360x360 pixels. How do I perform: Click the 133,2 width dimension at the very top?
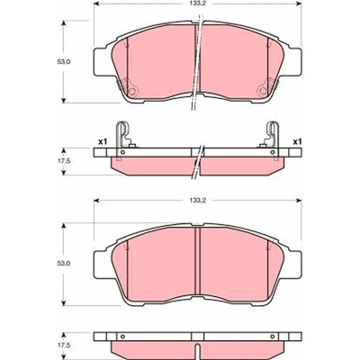[197, 4]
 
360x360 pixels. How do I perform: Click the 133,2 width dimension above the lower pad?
[197, 200]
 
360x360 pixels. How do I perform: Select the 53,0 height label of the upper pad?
[63, 62]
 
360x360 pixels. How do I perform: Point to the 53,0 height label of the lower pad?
[63, 264]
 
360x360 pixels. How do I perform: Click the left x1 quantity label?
[103, 141]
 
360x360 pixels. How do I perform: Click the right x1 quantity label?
[297, 141]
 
